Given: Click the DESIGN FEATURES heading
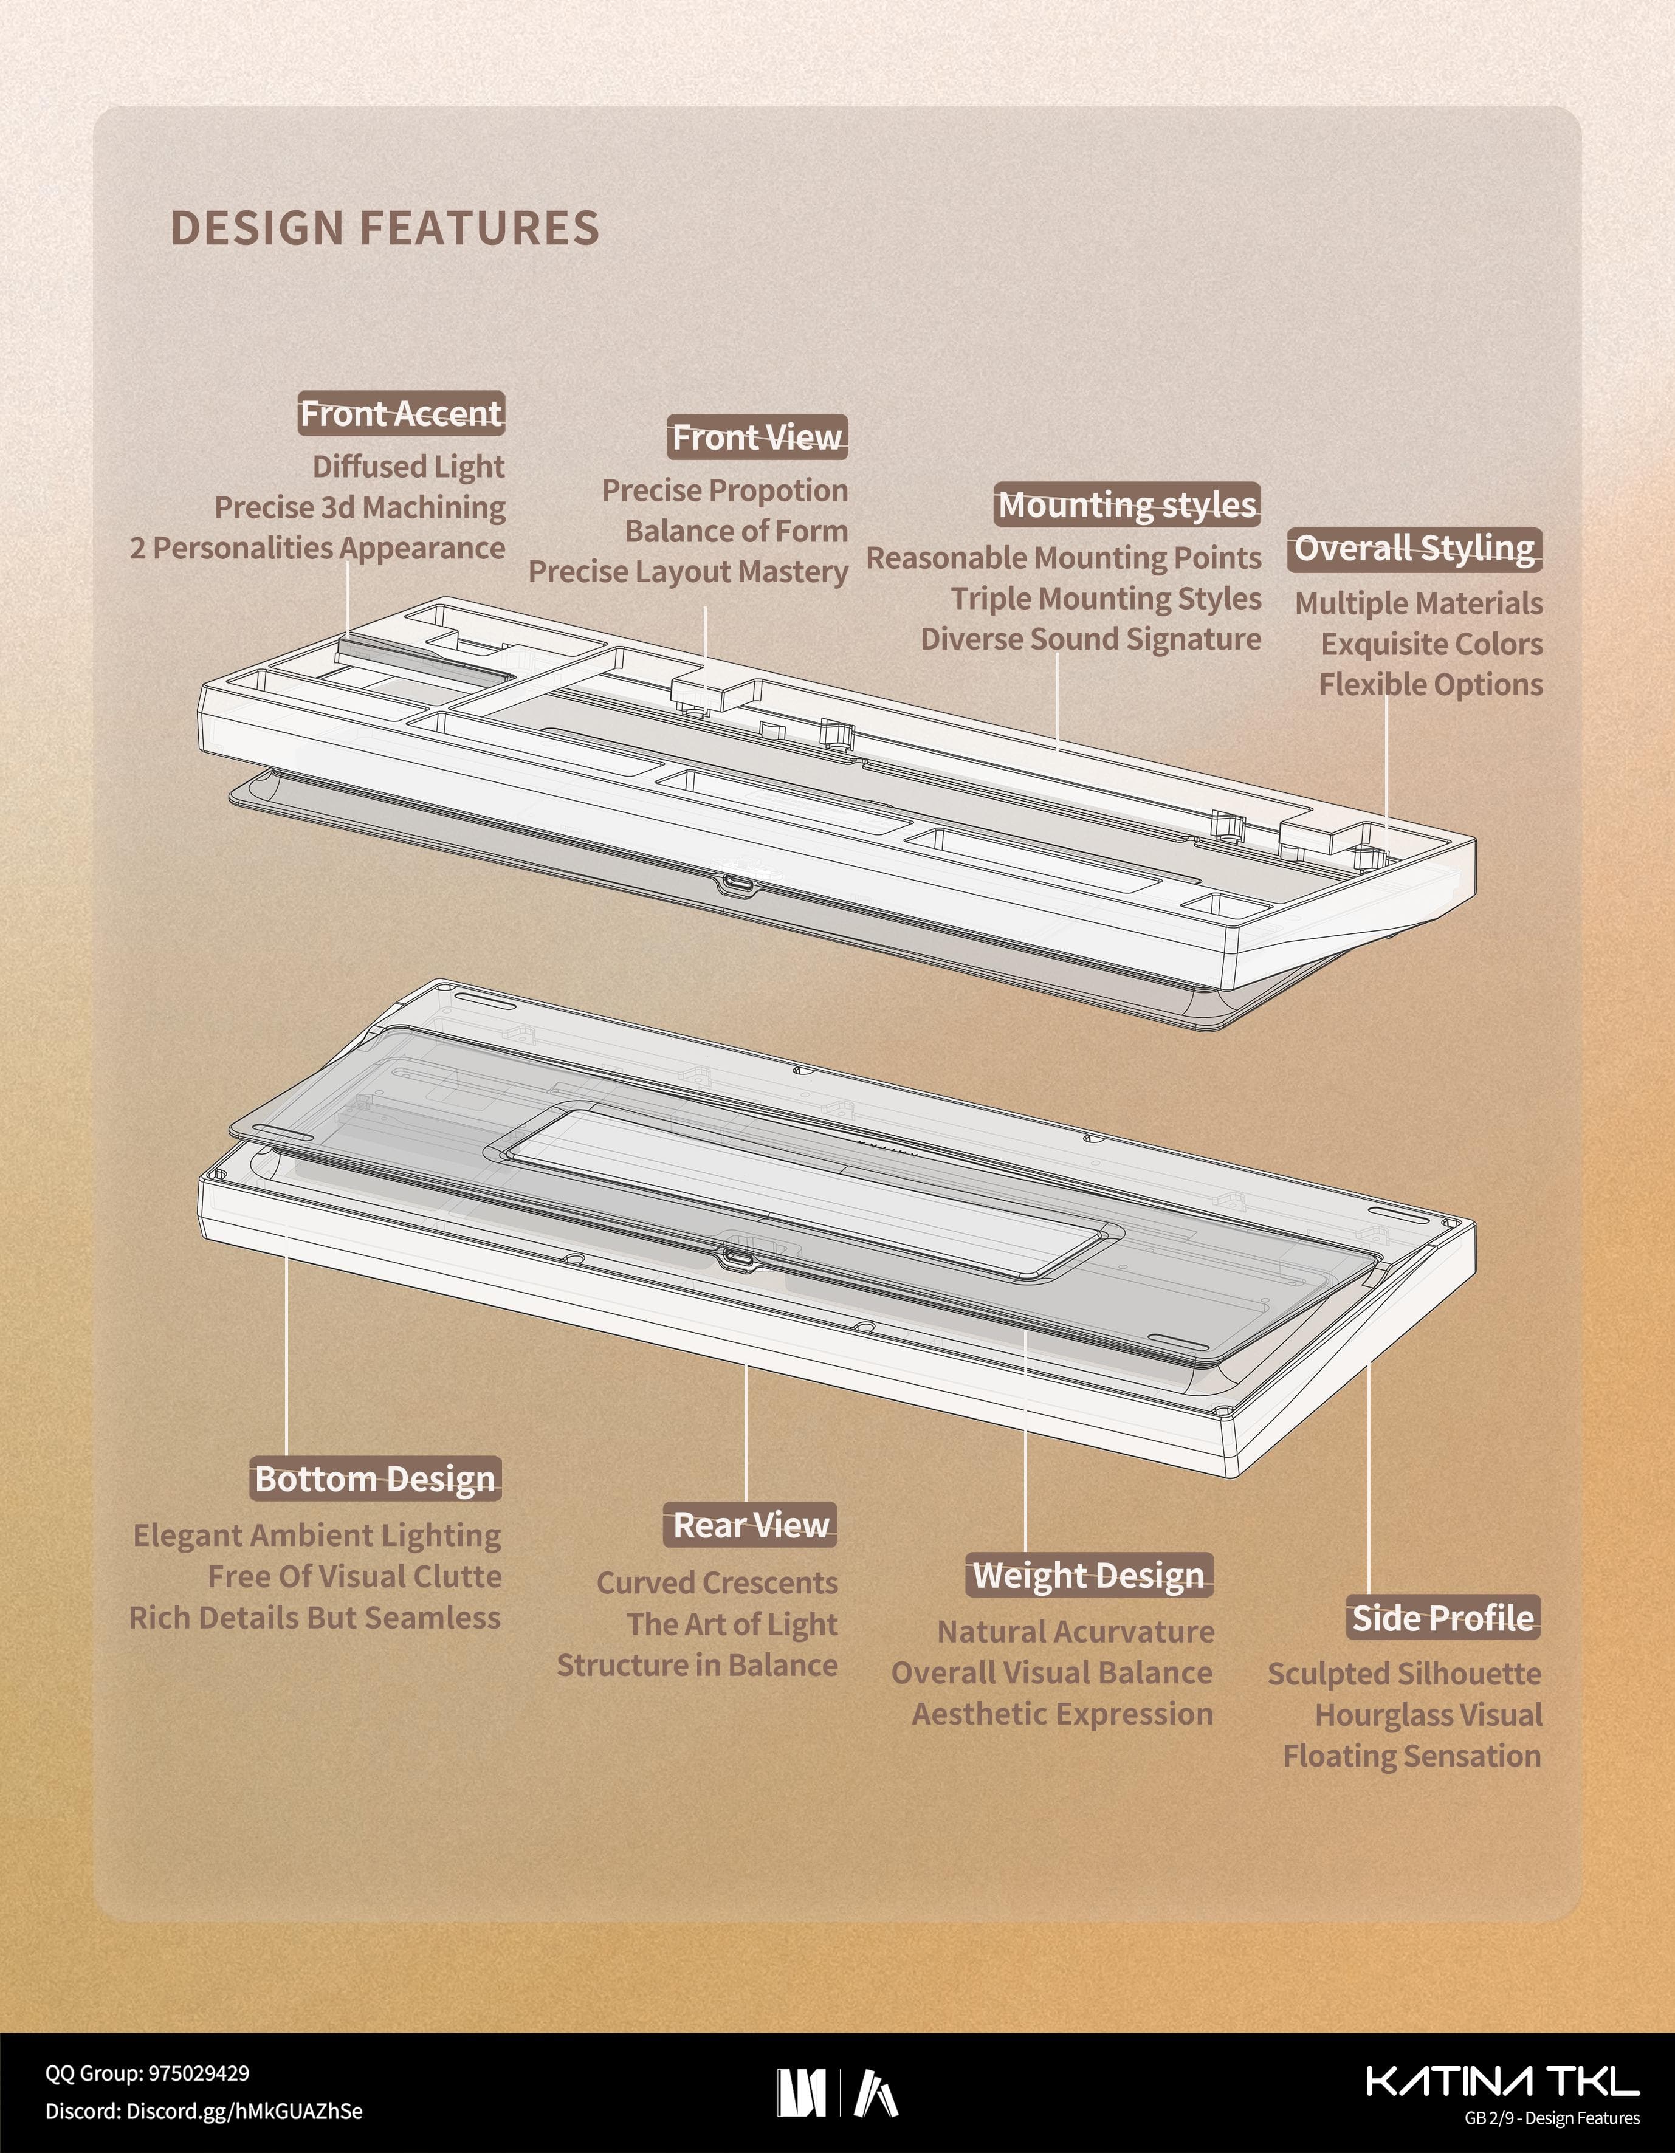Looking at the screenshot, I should click(x=385, y=228).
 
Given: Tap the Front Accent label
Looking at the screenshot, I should click(x=401, y=414).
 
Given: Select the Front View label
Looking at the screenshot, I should click(x=757, y=437).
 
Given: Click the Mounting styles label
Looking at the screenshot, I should click(x=1127, y=505).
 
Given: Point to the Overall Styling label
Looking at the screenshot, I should click(x=1414, y=548).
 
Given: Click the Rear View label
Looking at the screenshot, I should click(x=750, y=1525).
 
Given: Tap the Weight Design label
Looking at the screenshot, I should click(x=1089, y=1575).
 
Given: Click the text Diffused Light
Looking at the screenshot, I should click(x=408, y=466).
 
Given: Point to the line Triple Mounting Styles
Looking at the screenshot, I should click(x=1105, y=599).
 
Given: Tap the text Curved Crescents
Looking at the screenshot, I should click(x=717, y=1582).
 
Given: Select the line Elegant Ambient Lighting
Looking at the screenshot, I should click(x=317, y=1535).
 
